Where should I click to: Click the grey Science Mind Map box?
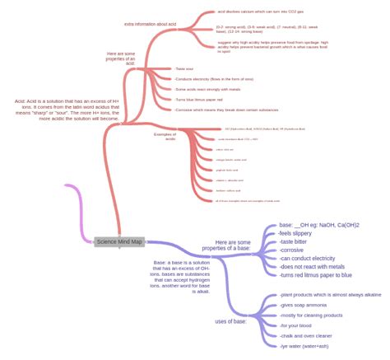point(119,241)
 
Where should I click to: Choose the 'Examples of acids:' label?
point(165,137)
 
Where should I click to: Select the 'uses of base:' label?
point(232,320)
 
